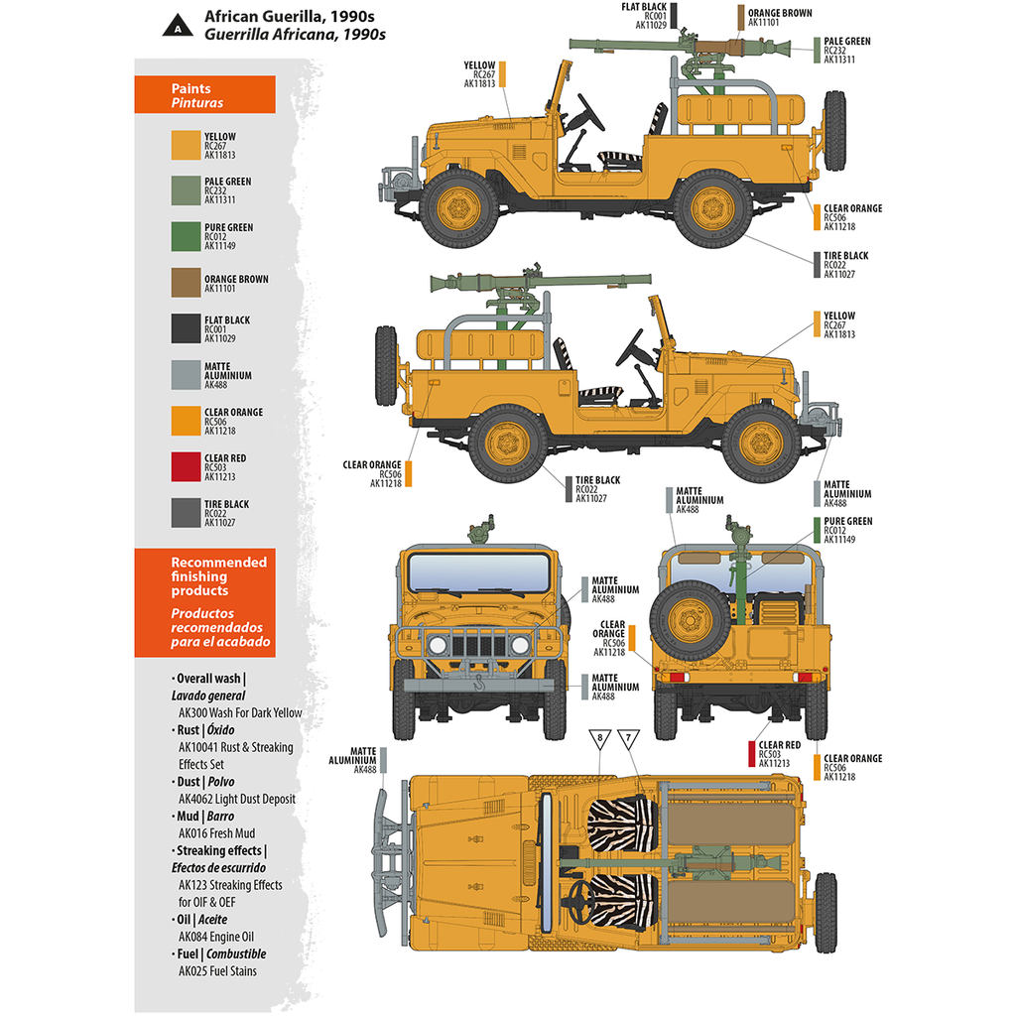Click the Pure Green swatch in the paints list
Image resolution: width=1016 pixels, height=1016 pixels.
click(186, 236)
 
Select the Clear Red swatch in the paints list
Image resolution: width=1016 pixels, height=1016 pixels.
click(186, 467)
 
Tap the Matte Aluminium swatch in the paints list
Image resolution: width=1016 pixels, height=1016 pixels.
click(186, 375)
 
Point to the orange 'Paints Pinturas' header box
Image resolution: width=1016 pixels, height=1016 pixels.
click(218, 95)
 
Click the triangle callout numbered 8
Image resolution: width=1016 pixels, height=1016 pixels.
click(599, 739)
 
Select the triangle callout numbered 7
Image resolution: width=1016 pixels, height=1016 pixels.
click(628, 739)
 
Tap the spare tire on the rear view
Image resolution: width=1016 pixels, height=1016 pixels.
click(689, 620)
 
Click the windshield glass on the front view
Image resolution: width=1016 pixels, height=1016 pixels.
click(478, 572)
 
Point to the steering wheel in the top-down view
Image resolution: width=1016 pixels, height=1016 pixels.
click(578, 898)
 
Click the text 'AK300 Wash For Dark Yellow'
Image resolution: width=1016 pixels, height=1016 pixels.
click(240, 712)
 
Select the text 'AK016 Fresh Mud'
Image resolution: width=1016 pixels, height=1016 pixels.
click(216, 833)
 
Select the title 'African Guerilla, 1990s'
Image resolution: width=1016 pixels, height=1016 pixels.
click(295, 17)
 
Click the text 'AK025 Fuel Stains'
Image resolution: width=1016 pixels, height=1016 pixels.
click(217, 971)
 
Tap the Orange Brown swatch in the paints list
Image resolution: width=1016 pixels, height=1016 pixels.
click(186, 283)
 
